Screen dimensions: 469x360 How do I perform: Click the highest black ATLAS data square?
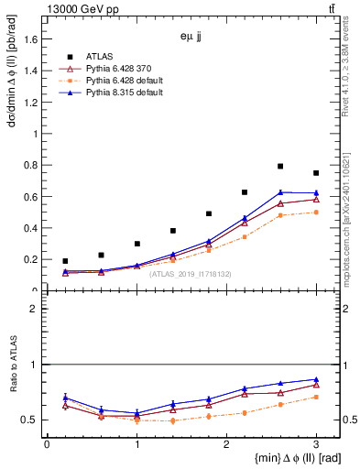click(280, 167)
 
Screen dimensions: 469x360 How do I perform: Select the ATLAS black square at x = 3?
click(316, 173)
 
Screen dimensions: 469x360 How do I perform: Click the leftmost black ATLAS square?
click(65, 261)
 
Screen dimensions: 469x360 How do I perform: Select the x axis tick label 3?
click(316, 444)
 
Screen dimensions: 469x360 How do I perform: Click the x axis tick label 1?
click(136, 444)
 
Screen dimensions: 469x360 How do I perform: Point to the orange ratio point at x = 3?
click(316, 397)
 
